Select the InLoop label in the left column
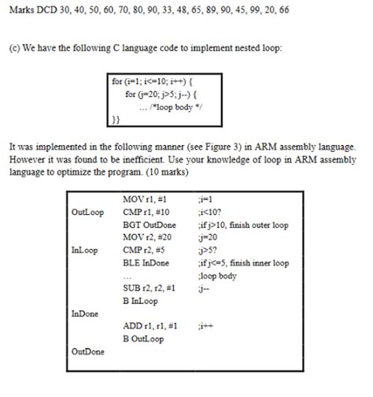[x=85, y=250]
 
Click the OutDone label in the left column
[x=87, y=351]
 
